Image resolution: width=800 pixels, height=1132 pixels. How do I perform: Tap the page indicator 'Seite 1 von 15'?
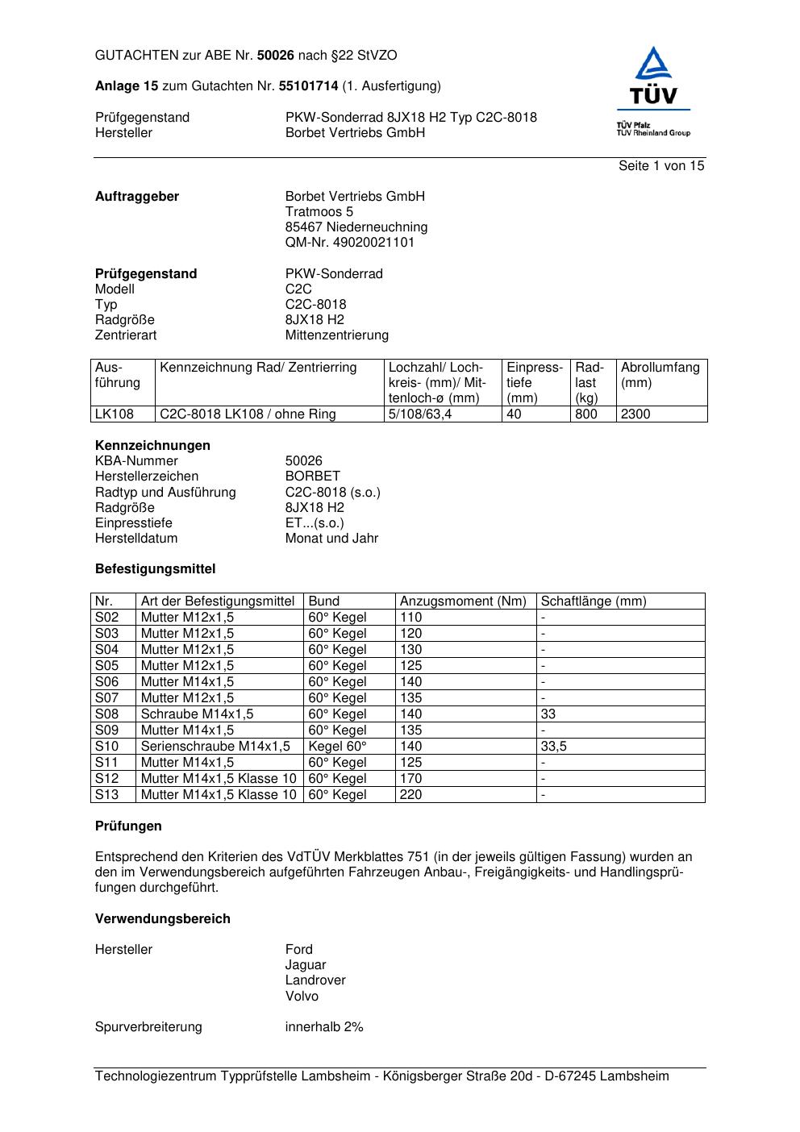point(661,166)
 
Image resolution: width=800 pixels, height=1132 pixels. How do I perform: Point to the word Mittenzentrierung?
point(336,335)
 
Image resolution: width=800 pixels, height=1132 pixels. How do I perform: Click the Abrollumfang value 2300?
point(635,414)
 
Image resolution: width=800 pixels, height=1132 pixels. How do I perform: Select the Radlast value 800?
point(586,414)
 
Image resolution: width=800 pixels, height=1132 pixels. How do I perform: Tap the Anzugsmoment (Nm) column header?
point(463,601)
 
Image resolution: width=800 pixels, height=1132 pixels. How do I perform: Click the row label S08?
point(106,714)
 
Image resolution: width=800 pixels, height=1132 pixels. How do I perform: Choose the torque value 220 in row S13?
point(410,795)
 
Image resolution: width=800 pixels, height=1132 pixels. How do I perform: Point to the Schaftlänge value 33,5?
point(554,747)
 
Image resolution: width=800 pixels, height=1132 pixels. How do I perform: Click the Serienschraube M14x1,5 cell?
point(215,747)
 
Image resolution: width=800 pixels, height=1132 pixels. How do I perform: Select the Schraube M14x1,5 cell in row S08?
point(197,714)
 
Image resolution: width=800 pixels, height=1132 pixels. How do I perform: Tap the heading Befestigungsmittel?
point(156,569)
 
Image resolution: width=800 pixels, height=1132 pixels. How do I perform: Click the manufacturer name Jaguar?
point(306,965)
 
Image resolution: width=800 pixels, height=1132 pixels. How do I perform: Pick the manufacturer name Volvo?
point(302,997)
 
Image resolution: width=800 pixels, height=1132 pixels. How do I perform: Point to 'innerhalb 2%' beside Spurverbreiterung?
point(324,1027)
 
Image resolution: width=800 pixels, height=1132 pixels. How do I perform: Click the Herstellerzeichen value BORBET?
point(313,477)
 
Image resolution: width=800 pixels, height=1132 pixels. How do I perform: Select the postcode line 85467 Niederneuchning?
point(356,227)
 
